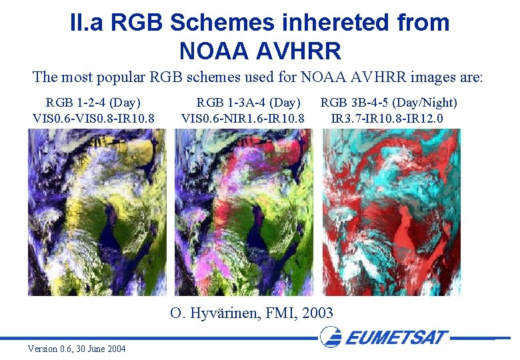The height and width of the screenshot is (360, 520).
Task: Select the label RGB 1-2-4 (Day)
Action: (x=93, y=103)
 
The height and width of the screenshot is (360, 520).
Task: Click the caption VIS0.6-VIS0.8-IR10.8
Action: (x=93, y=119)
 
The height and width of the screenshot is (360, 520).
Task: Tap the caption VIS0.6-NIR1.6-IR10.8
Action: (x=243, y=119)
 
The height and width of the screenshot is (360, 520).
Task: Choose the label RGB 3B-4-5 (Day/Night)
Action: (x=389, y=103)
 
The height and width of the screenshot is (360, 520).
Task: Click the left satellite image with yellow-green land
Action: (x=97, y=212)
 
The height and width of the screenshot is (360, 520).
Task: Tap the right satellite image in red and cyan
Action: (x=391, y=212)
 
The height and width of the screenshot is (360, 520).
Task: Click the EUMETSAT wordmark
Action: (x=397, y=337)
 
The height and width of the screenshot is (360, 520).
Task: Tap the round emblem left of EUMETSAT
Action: (x=331, y=337)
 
